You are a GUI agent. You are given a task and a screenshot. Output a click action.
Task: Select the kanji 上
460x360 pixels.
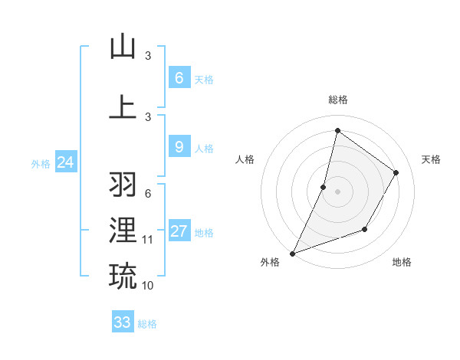click(123, 106)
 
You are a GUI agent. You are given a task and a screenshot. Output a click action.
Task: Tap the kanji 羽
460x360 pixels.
click(123, 184)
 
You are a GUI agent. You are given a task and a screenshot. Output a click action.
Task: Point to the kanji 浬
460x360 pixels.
click(123, 230)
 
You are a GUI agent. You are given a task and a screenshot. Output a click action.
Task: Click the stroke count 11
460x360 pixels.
click(148, 240)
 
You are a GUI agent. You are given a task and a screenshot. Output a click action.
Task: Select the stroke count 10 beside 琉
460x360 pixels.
click(148, 286)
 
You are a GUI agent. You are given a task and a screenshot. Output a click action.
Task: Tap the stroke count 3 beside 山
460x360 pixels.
click(148, 56)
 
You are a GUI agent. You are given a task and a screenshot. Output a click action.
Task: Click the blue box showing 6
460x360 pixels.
click(179, 78)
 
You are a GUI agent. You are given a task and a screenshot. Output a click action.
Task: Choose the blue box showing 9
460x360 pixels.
click(179, 147)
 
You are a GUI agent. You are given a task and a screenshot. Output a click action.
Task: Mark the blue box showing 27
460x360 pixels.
click(179, 231)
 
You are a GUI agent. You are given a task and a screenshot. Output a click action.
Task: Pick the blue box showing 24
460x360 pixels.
click(65, 162)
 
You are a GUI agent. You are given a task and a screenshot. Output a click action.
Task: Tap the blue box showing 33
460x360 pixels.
click(122, 322)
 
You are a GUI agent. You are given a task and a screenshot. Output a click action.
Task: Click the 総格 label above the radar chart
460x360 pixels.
click(337, 100)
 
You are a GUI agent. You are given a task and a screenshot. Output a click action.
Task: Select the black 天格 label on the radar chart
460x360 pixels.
click(431, 159)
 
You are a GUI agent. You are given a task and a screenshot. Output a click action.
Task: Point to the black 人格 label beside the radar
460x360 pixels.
click(245, 159)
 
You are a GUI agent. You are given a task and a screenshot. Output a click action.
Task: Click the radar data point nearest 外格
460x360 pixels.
click(292, 253)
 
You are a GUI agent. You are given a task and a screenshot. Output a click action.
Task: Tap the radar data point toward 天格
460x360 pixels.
click(396, 172)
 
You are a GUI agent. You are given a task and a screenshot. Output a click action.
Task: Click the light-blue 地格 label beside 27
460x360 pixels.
click(204, 233)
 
